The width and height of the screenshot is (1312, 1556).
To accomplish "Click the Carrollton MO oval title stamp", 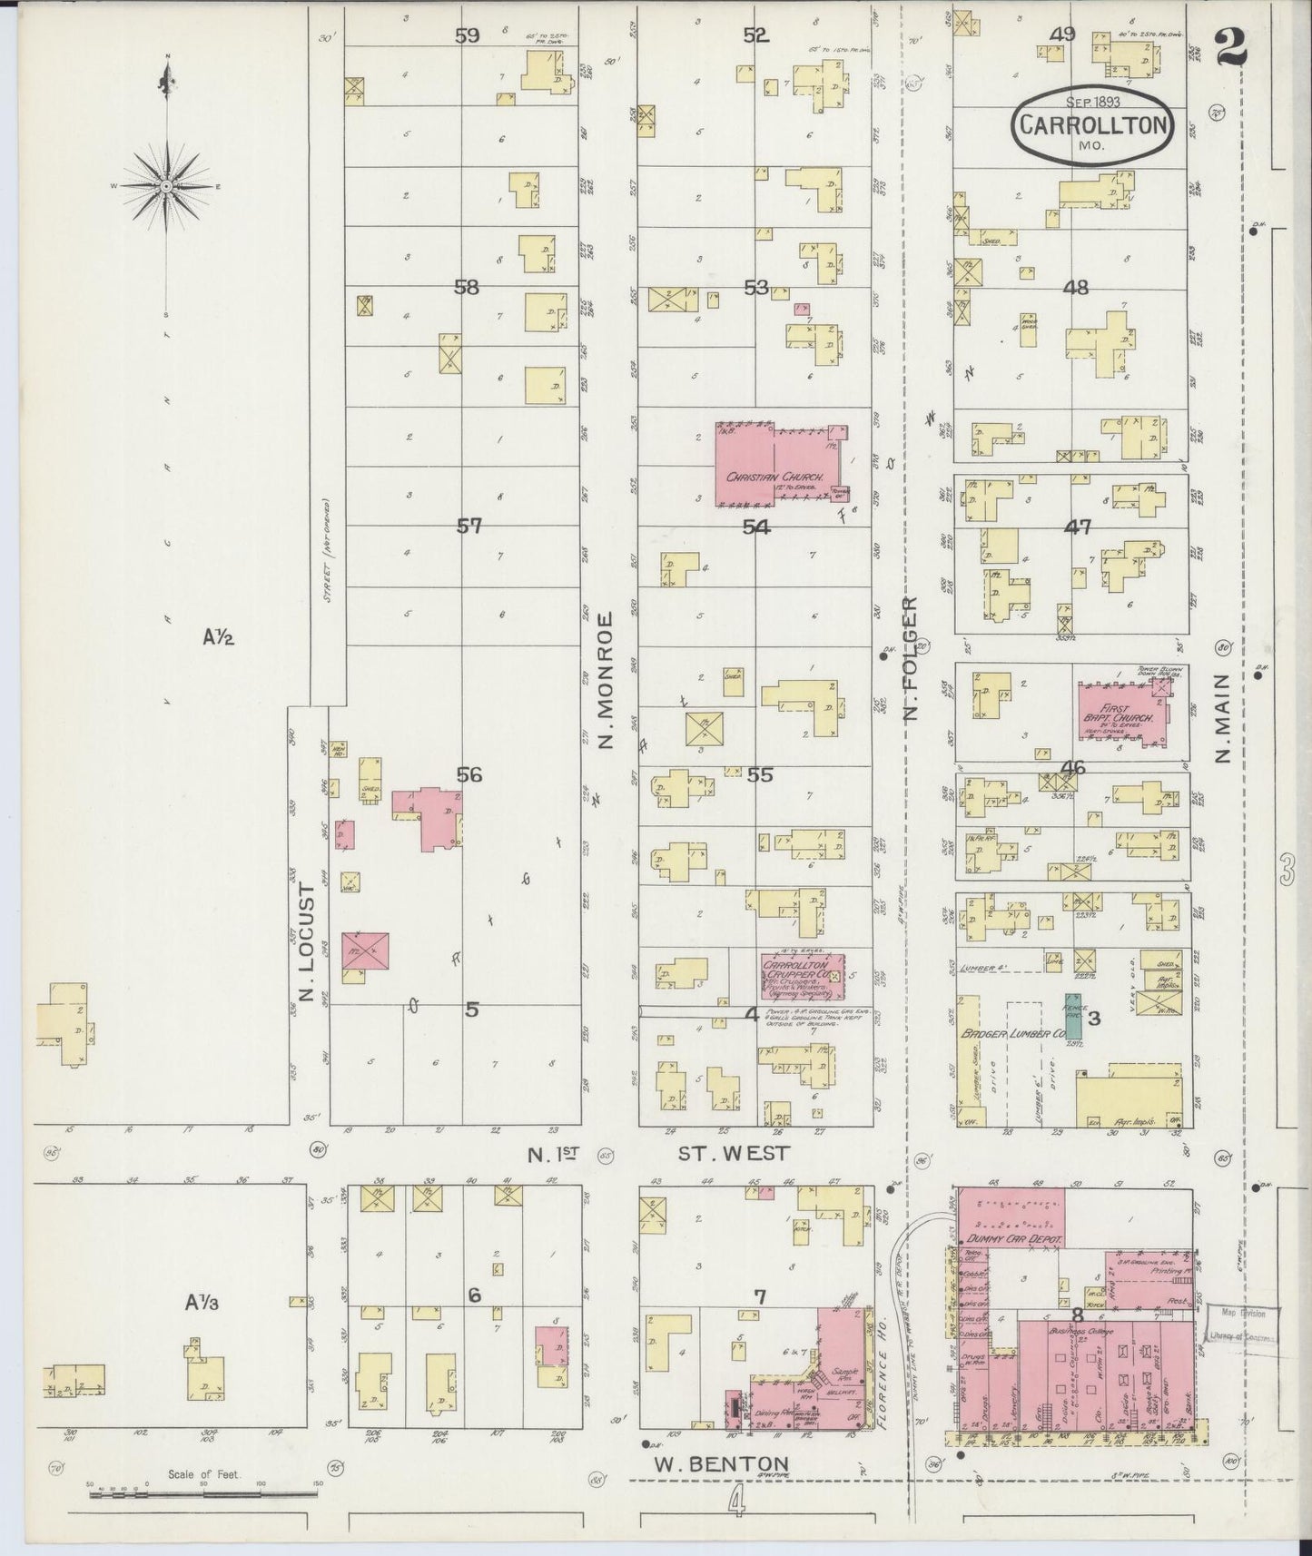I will pyautogui.click(x=1092, y=126).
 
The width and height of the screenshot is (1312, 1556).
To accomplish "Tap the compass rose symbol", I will pyautogui.click(x=167, y=186).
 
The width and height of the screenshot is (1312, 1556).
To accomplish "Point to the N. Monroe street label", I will pyautogui.click(x=607, y=681).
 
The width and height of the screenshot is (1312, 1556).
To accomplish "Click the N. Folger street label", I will pyautogui.click(x=911, y=659).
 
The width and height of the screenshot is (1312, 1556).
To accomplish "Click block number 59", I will pyautogui.click(x=468, y=35).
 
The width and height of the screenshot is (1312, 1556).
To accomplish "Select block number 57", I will pyautogui.click(x=469, y=526).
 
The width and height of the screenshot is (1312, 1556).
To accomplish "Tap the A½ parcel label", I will pyautogui.click(x=218, y=637).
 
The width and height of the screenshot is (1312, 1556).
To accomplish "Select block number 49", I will pyautogui.click(x=1062, y=34).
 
